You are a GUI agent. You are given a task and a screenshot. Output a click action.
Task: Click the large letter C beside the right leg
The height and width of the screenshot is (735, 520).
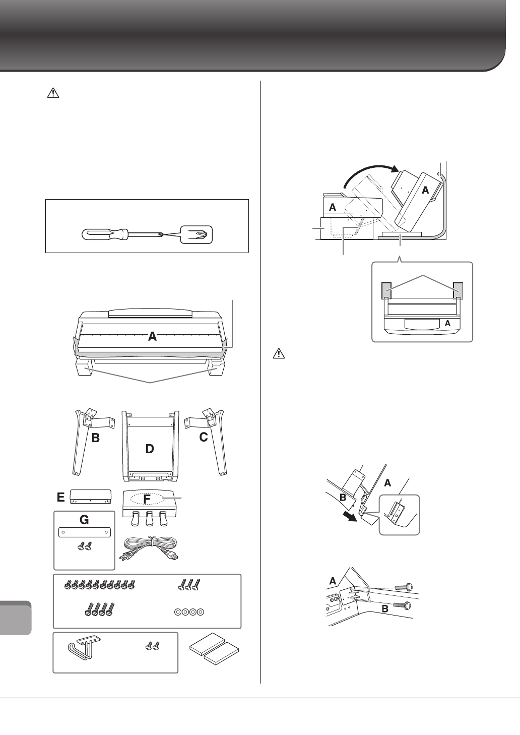click(x=203, y=438)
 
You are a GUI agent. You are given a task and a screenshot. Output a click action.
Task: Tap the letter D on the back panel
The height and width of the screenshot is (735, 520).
click(x=149, y=448)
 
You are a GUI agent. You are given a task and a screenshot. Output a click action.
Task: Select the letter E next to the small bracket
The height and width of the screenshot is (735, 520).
click(x=60, y=497)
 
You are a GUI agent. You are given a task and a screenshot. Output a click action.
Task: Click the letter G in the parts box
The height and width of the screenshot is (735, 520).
click(x=84, y=520)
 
